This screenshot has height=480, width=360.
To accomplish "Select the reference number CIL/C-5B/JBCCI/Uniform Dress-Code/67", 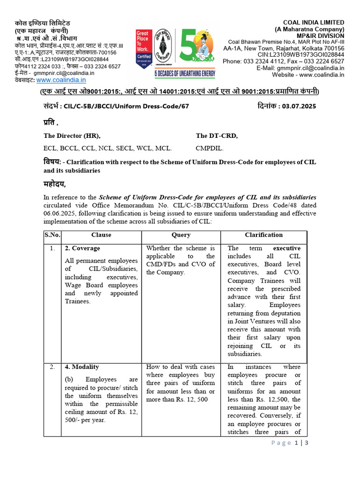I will pyautogui.click(x=126, y=106).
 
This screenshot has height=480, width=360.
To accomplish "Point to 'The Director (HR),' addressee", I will pyautogui.click(x=72, y=136).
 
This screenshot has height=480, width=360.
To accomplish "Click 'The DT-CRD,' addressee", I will pyautogui.click(x=217, y=136).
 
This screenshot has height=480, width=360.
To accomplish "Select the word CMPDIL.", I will pyautogui.click(x=210, y=148).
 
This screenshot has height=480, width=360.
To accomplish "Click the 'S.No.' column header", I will pyautogui.click(x=52, y=234).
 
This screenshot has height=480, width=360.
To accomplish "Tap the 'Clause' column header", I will pyautogui.click(x=101, y=234).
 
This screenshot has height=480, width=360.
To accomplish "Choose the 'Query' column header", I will pyautogui.click(x=181, y=234).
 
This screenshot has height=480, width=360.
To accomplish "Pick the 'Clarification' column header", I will pyautogui.click(x=263, y=234).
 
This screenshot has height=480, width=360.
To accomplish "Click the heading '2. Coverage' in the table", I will pyautogui.click(x=82, y=248).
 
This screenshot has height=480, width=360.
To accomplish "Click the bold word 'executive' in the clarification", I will pyautogui.click(x=287, y=248).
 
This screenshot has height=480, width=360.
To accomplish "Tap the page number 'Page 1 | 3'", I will pyautogui.click(x=288, y=443).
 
